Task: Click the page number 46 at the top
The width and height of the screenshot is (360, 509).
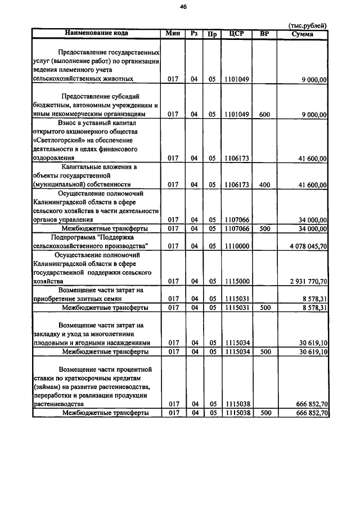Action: [x=183, y=7]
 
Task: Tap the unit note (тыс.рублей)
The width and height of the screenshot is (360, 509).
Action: [x=308, y=25]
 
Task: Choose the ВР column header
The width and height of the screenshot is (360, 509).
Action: [x=265, y=33]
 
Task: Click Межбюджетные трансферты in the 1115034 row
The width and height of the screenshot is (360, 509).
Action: [x=105, y=352]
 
